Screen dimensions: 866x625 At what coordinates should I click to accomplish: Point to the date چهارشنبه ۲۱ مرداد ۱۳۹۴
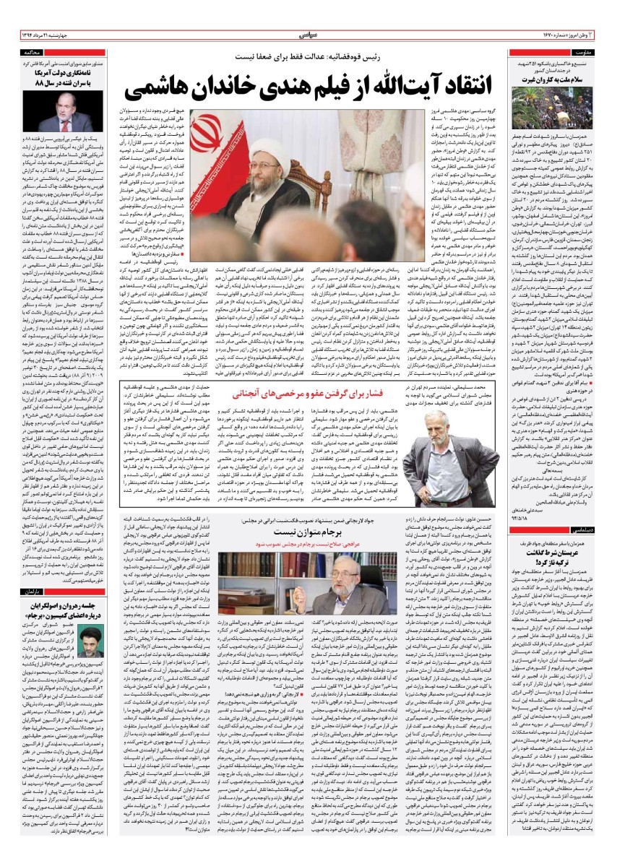coord(51,35)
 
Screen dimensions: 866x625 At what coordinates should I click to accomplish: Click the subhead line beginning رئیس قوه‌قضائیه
coord(311,56)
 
